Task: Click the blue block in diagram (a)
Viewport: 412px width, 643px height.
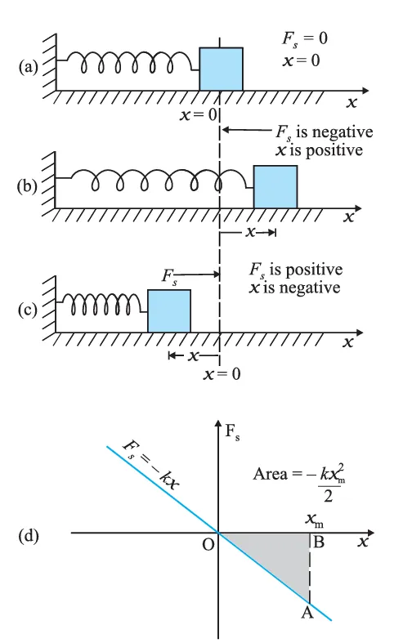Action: click(222, 69)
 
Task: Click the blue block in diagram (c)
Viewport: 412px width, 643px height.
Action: click(169, 310)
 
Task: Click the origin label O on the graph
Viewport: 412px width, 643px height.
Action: click(209, 546)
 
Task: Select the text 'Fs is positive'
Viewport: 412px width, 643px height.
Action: click(297, 270)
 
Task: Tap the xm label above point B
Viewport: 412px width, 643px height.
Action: click(312, 519)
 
